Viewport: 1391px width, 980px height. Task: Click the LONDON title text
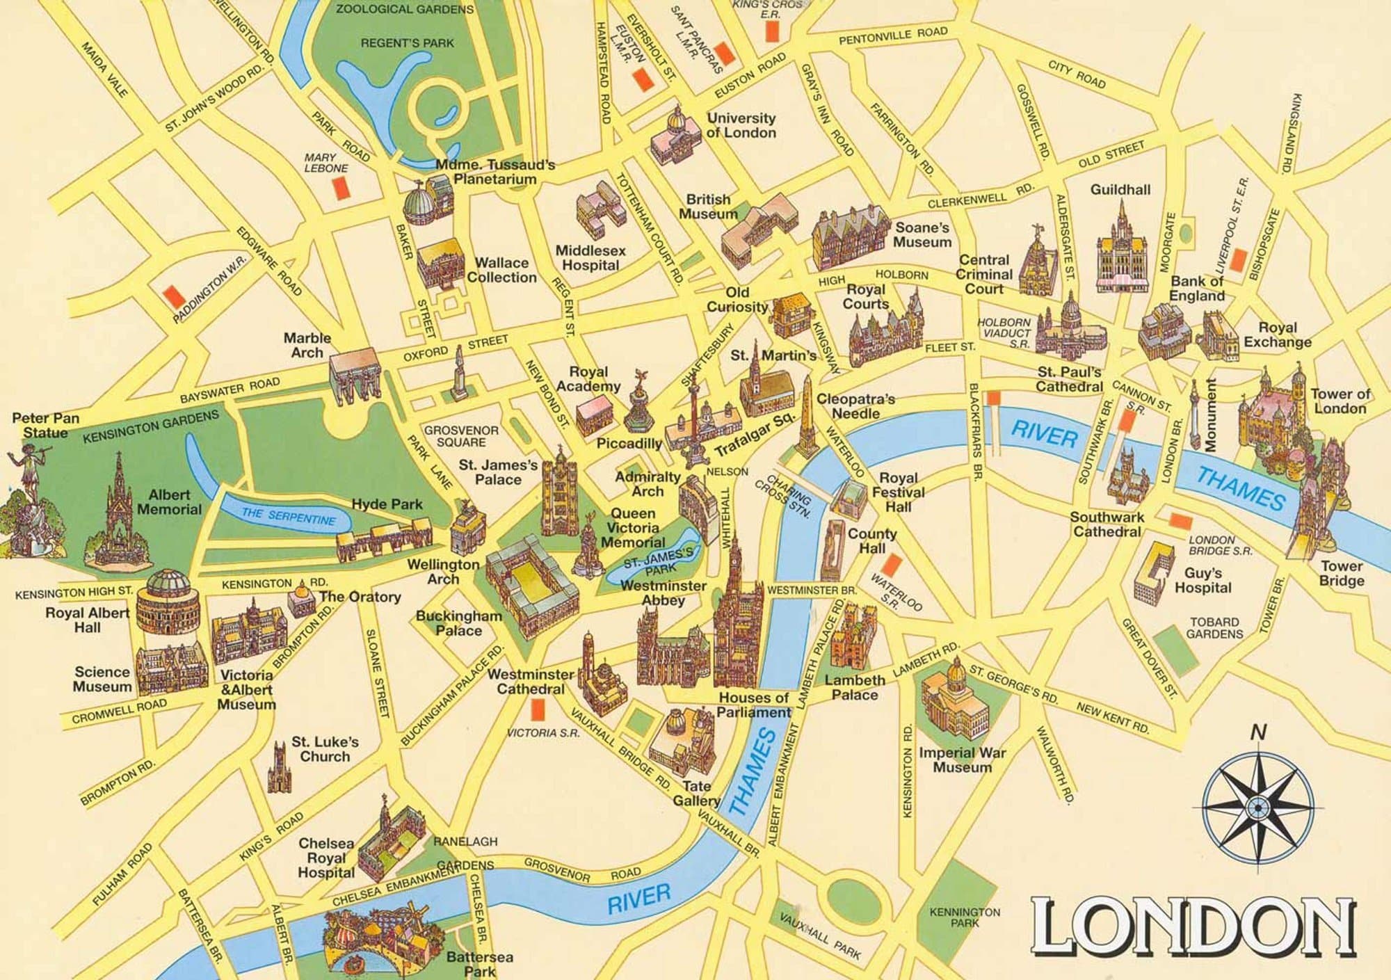[1192, 928]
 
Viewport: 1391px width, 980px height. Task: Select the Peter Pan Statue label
[46, 425]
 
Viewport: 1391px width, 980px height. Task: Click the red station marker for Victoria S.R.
[536, 709]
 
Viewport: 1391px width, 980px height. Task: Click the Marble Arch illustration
[354, 377]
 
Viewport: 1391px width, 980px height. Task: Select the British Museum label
[708, 207]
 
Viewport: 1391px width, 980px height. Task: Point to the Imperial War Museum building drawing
[956, 701]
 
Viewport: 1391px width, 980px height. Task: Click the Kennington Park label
[965, 917]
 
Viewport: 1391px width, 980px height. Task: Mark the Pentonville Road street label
[893, 35]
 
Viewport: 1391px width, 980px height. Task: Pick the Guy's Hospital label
[1203, 580]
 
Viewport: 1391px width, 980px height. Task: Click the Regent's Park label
[407, 43]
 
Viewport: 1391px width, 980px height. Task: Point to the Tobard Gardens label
[1214, 627]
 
